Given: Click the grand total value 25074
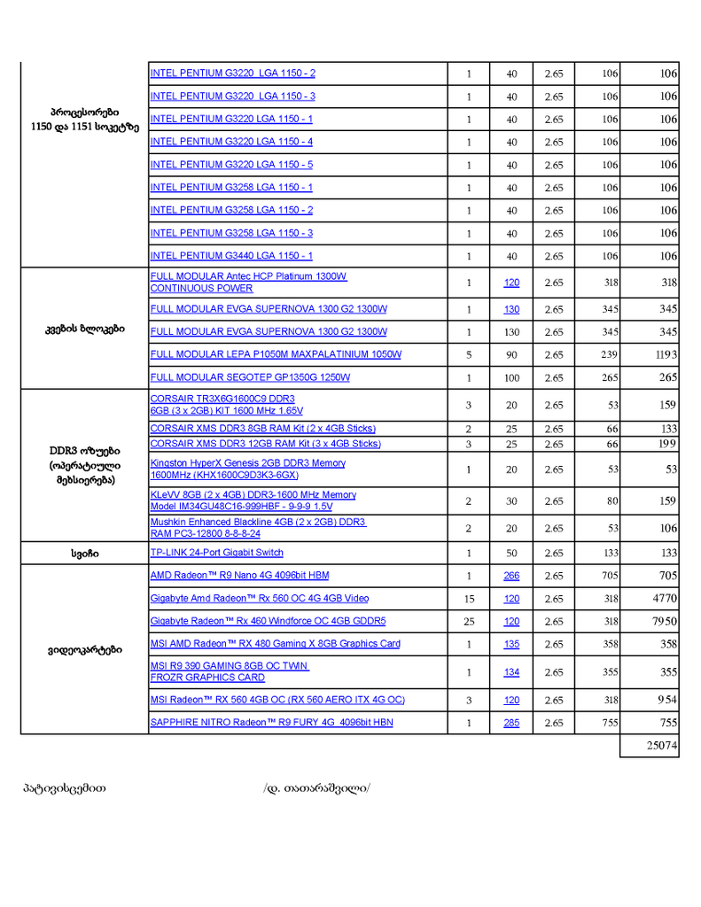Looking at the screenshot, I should (662, 747).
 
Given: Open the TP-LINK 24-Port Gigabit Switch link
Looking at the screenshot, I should (217, 553).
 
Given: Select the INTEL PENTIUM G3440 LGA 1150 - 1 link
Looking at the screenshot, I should (231, 256).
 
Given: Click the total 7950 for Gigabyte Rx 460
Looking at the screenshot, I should (665, 622).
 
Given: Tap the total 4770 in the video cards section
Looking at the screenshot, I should (665, 599).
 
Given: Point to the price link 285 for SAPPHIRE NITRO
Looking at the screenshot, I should (511, 723).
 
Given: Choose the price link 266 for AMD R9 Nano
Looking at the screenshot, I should (511, 576).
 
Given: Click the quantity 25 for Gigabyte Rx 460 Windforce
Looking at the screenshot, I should (469, 622).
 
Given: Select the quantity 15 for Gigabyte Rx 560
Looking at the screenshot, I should (469, 599).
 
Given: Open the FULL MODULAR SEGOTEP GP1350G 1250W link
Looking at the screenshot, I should (250, 377).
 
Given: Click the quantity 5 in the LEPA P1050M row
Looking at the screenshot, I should (469, 354).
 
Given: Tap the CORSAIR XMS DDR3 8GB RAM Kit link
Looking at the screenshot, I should (262, 429).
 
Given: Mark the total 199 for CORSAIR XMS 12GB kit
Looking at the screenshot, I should (668, 443).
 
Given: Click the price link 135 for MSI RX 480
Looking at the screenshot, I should (511, 644).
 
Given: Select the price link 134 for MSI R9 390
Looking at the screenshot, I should (511, 672).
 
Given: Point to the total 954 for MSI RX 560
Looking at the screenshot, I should (667, 700).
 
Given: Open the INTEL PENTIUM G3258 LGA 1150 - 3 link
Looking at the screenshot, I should (231, 233).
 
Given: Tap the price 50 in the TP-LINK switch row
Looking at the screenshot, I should (511, 553).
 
